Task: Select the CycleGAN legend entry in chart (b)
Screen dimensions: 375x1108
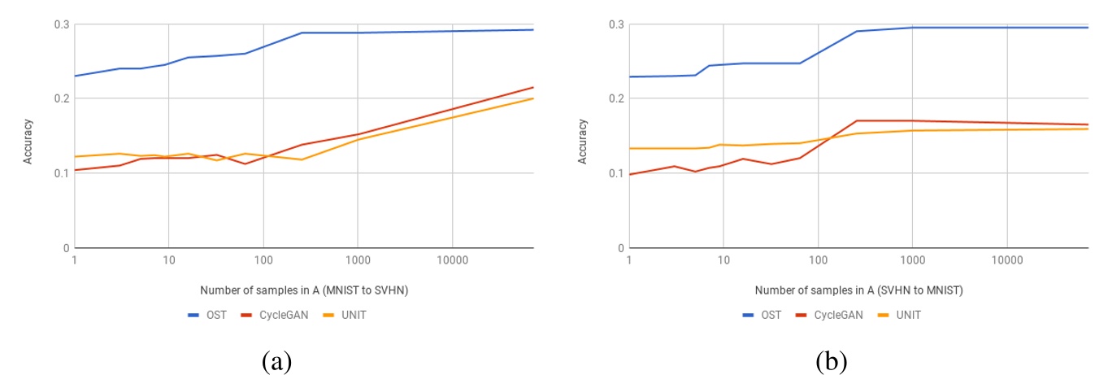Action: coord(829,315)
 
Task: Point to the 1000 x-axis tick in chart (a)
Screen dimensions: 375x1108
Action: coord(357,261)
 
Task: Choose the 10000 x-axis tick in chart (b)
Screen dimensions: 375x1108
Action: coord(1006,261)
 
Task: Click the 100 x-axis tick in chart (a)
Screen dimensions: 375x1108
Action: coord(263,261)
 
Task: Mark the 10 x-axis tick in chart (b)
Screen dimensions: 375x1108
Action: coord(723,261)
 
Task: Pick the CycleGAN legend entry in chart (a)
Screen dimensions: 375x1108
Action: coord(274,315)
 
